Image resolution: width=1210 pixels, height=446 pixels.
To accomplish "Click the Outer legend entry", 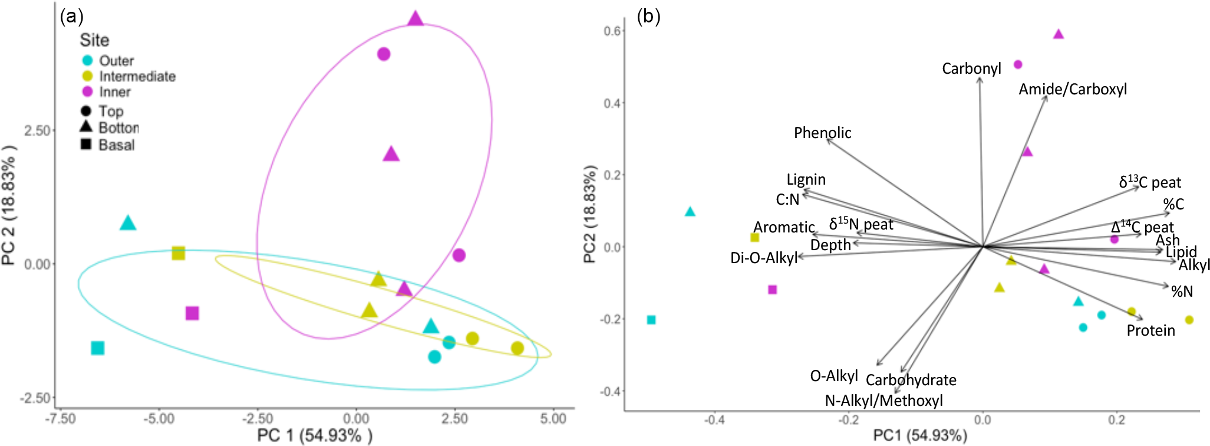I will click(116, 61).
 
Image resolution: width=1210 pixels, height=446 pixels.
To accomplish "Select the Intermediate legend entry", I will click(137, 77).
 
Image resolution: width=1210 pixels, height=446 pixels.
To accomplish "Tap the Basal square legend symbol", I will click(86, 144).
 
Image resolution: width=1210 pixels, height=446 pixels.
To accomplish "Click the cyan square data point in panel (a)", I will click(98, 348).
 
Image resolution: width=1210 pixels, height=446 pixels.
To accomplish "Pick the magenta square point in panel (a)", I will click(192, 313).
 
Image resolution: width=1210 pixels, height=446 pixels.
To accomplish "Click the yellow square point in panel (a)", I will click(179, 253).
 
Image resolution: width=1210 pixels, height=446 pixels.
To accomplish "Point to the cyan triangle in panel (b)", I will click(690, 212).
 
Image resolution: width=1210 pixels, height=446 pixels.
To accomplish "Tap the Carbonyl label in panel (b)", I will click(971, 69).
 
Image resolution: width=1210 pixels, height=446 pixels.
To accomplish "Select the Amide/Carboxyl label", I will click(1073, 89).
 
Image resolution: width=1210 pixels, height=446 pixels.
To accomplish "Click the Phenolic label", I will click(822, 133).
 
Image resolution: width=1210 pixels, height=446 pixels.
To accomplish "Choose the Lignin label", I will click(806, 179).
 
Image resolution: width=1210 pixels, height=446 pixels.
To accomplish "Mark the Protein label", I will click(1150, 330).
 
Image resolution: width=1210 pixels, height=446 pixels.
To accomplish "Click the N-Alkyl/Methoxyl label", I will click(883, 401).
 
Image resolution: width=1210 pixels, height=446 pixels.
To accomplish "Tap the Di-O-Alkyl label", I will click(763, 258).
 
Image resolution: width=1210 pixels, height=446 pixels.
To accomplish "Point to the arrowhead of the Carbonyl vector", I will click(980, 79).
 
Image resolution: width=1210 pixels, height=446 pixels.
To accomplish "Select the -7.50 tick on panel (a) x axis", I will click(61, 419).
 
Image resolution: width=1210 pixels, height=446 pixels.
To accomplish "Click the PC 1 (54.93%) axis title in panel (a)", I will click(315, 436).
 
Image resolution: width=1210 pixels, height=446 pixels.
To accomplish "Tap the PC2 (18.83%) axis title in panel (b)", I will click(589, 214).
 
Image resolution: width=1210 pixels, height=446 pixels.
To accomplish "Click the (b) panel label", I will click(648, 16).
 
